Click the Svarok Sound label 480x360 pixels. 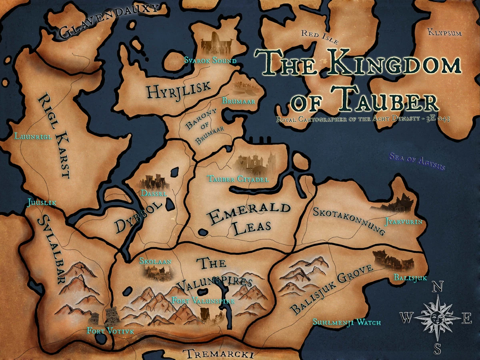point(210,61)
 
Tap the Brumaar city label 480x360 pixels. point(239,102)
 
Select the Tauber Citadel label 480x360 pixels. point(238,179)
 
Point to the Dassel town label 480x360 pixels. point(154,193)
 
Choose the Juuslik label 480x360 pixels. point(41,202)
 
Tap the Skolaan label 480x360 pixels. point(155,262)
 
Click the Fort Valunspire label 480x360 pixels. point(203,300)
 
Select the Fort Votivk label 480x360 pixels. point(110,331)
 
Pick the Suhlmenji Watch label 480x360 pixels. point(346,322)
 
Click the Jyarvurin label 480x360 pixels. point(403,221)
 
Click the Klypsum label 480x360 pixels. point(444,32)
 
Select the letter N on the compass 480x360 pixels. point(438,287)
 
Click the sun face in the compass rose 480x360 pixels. point(438,318)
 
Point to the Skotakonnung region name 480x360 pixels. point(349,219)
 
